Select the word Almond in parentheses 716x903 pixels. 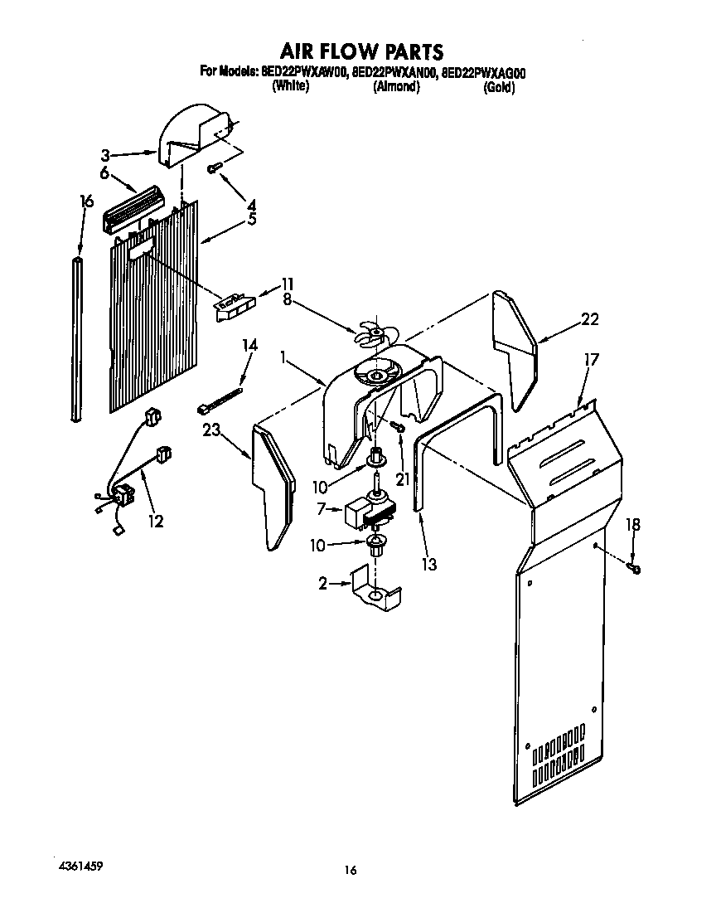pyautogui.click(x=396, y=87)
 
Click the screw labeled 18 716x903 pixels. pyautogui.click(x=636, y=567)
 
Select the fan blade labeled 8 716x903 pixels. pyautogui.click(x=371, y=332)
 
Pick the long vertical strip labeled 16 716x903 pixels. pyautogui.click(x=79, y=340)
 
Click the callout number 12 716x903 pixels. pyautogui.click(x=155, y=522)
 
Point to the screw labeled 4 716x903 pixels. pyautogui.click(x=213, y=168)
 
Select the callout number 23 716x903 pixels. pyautogui.click(x=212, y=429)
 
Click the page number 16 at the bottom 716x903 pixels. pyautogui.click(x=351, y=870)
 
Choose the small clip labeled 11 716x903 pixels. pyautogui.click(x=235, y=305)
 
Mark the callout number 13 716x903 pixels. pyautogui.click(x=428, y=565)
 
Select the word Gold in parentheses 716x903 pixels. pyautogui.click(x=499, y=88)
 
